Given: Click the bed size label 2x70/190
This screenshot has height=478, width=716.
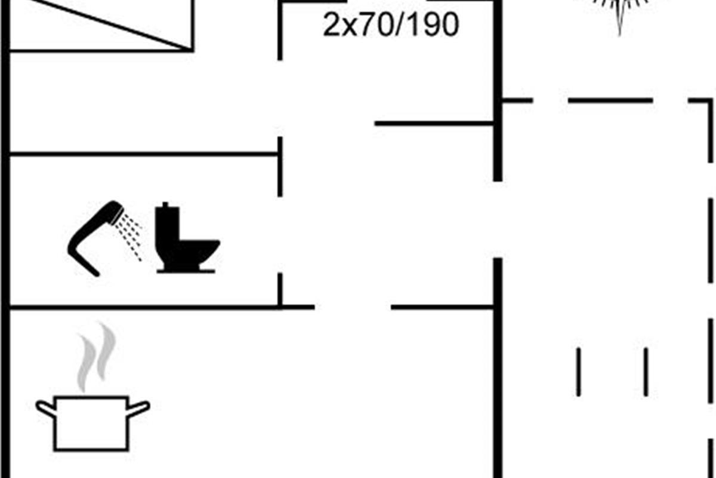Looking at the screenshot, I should click(391, 25).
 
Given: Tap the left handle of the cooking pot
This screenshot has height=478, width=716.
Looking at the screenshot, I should click(45, 409).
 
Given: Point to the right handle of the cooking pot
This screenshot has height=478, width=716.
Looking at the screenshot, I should click(139, 409).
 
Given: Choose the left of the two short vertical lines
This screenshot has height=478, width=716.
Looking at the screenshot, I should click(578, 372).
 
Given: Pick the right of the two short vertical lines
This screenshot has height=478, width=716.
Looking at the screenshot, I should click(646, 372).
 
